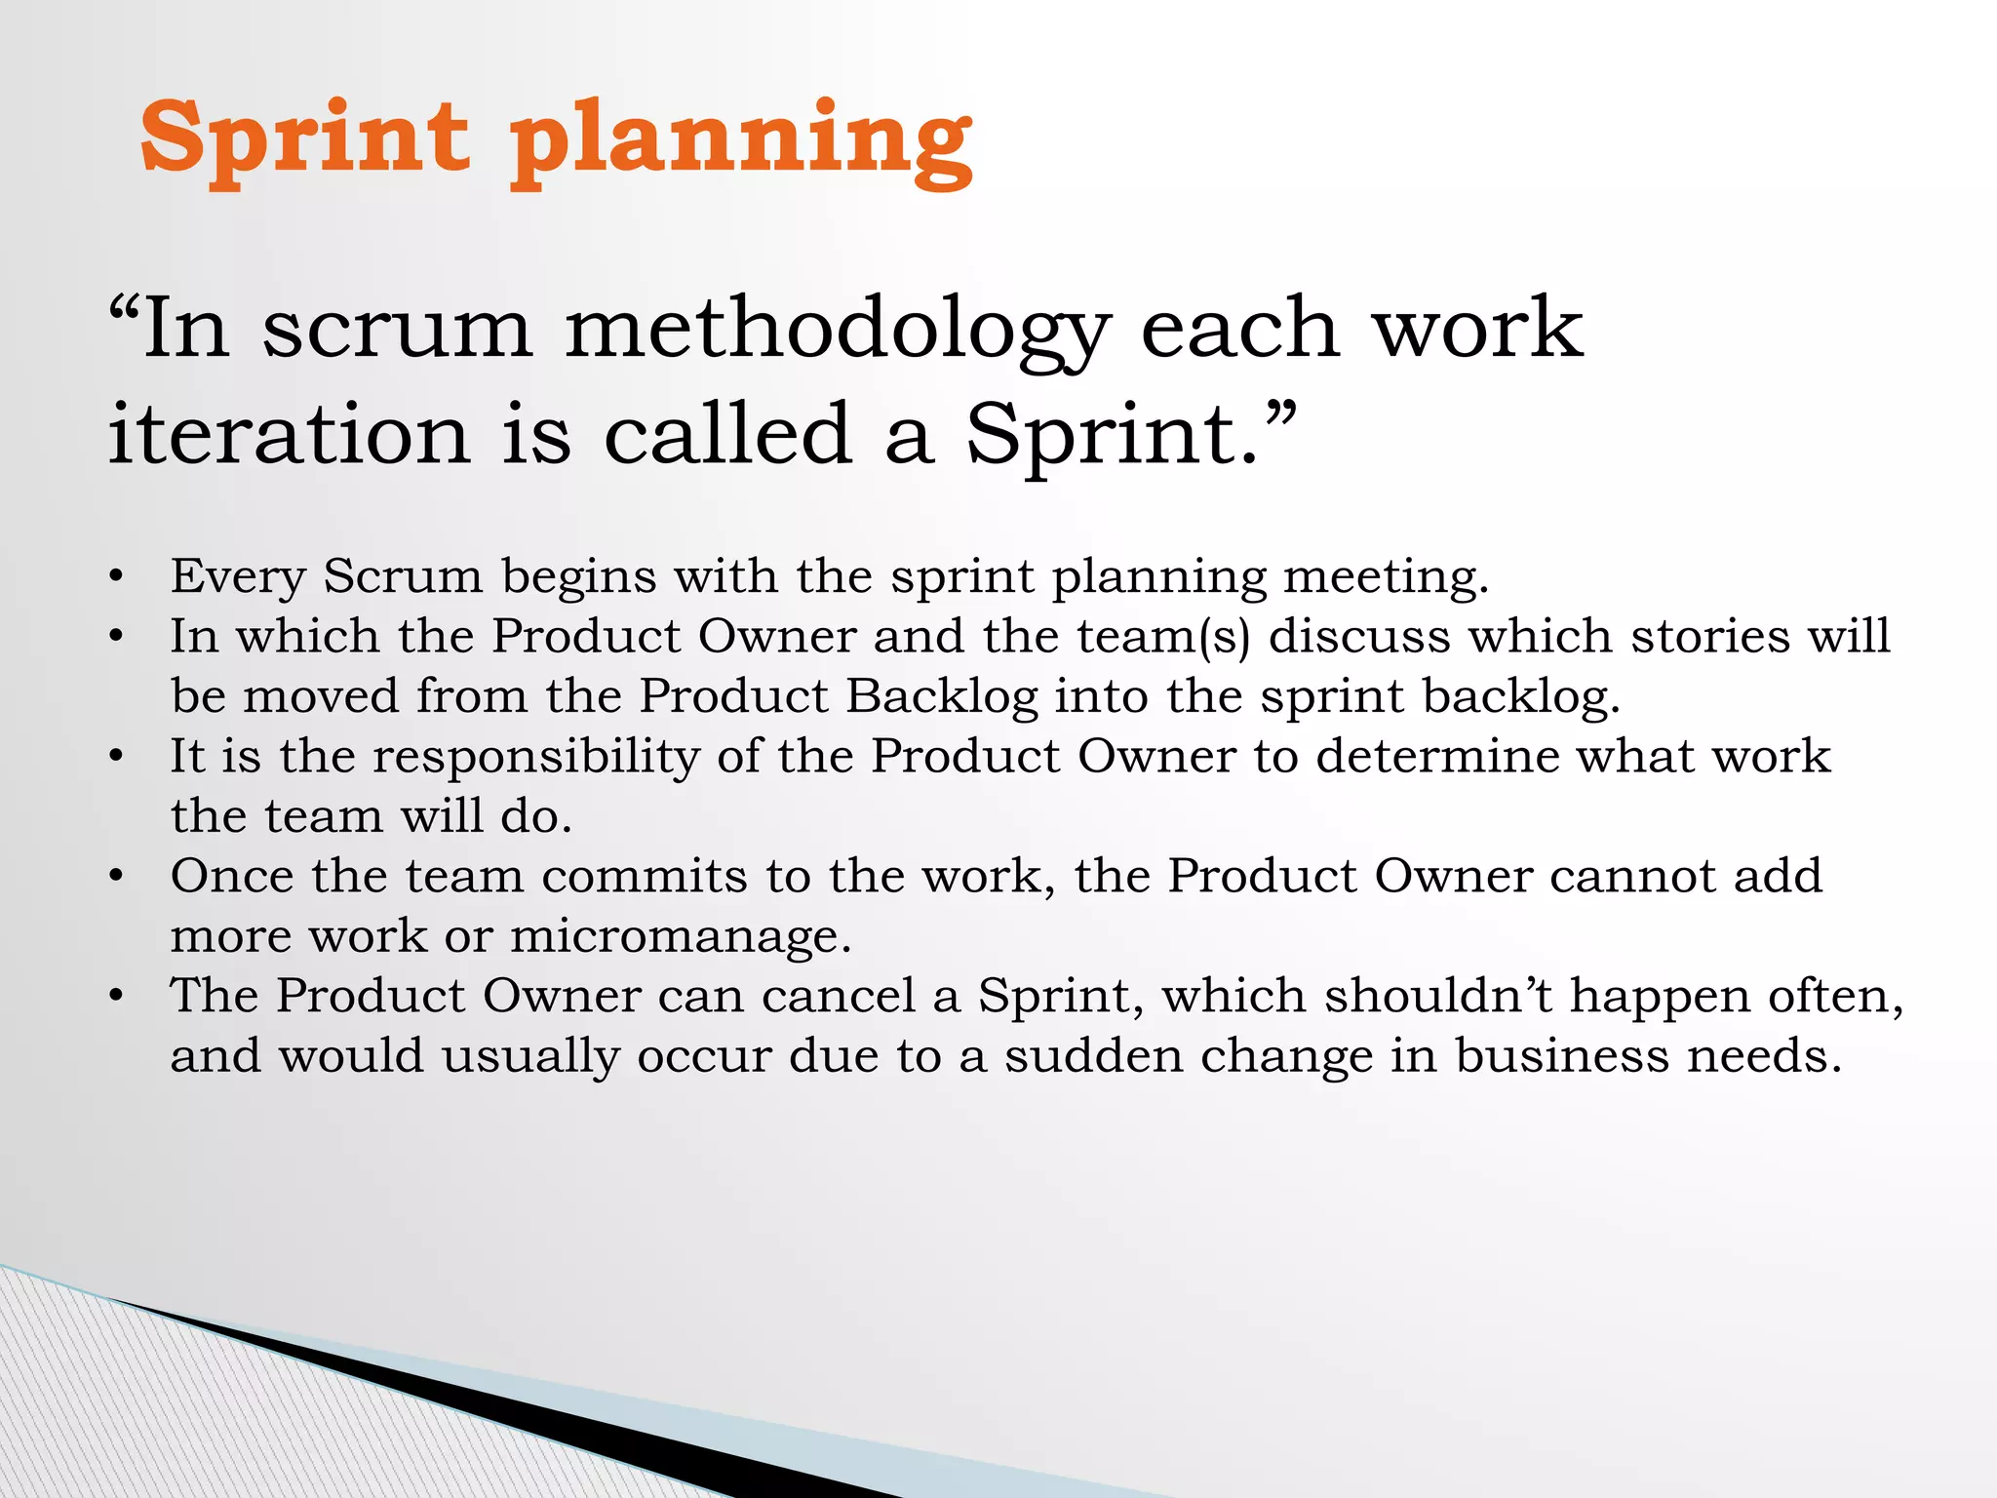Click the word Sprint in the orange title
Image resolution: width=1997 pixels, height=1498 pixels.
(x=304, y=138)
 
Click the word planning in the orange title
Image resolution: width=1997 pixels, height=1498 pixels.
(x=741, y=141)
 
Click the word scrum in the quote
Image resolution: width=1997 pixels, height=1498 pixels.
(x=398, y=332)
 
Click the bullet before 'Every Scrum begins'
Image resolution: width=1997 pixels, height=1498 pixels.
(x=116, y=576)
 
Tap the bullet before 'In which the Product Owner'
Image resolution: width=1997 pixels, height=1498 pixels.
(x=116, y=637)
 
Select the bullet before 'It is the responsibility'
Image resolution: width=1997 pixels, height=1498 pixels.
(x=116, y=757)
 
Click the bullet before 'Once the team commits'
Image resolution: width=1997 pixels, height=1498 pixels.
(x=116, y=877)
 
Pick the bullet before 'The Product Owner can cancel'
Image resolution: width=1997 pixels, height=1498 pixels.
(x=116, y=997)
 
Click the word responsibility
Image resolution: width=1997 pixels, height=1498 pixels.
(x=536, y=758)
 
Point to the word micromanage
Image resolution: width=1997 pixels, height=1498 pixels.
(x=680, y=937)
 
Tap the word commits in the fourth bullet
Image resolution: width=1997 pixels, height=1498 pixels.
(x=645, y=877)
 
